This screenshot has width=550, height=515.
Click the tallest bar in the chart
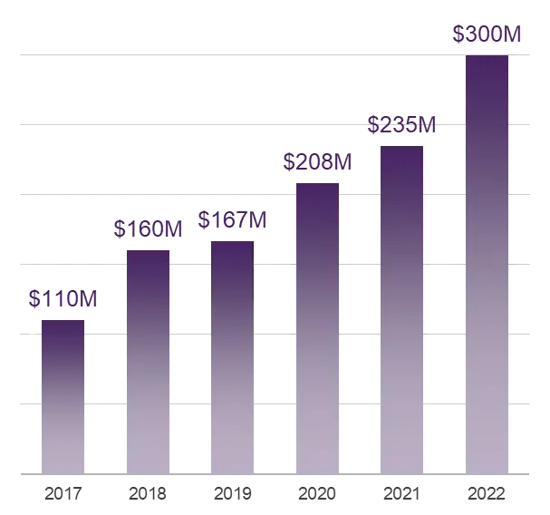coord(488,263)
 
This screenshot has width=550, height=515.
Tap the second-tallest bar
coord(401,309)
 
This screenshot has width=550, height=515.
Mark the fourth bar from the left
coord(315,327)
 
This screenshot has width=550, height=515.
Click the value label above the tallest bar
coord(487,34)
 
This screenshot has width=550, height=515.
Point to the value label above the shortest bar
coord(60,297)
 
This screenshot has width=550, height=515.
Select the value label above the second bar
coord(145,228)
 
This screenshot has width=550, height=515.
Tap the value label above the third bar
coord(232,220)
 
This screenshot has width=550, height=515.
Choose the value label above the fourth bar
coord(316,163)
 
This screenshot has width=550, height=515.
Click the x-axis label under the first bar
coord(63,495)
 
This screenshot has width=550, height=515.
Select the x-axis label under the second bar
coord(148,495)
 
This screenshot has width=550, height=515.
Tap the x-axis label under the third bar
coord(232,495)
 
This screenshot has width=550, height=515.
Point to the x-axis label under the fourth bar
coord(316,495)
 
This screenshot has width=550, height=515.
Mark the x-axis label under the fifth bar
coord(401,495)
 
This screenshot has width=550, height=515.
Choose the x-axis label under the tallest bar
coord(487,495)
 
